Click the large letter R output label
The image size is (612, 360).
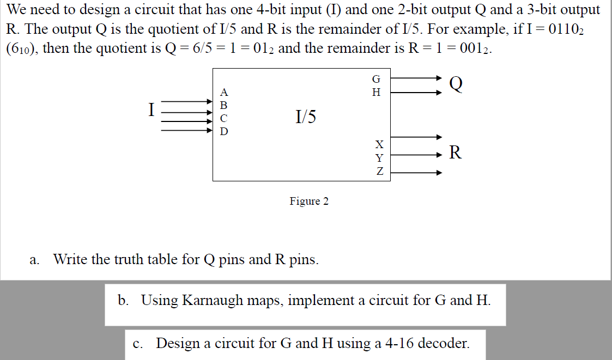tap(455, 153)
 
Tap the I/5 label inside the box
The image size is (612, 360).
tap(305, 116)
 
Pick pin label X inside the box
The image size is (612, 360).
tap(379, 144)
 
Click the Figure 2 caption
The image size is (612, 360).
tap(309, 202)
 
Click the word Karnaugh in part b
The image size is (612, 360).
tap(213, 300)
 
